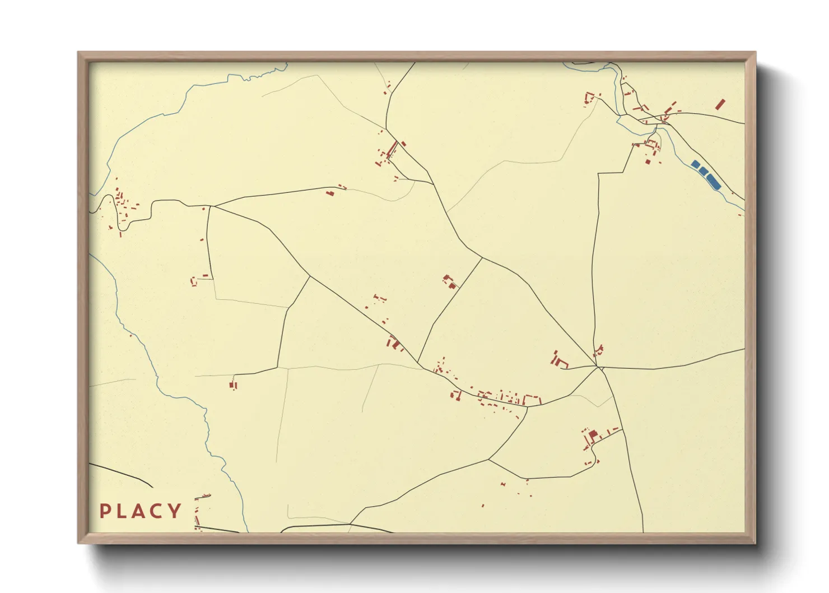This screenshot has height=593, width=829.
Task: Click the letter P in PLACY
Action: [104, 511]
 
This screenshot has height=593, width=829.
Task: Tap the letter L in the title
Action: [122, 511]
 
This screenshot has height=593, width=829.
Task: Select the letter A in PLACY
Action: [139, 511]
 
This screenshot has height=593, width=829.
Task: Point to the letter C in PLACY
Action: [157, 511]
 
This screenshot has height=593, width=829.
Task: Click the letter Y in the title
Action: [175, 511]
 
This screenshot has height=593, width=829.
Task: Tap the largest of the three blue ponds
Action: [713, 180]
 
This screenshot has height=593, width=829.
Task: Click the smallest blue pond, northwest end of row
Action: [695, 164]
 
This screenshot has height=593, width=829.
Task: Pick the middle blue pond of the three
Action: [703, 171]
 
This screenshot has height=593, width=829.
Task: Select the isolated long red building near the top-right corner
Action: [720, 104]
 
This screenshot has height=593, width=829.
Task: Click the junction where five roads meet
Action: [598, 367]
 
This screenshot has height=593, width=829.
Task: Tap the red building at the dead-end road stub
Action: [233, 384]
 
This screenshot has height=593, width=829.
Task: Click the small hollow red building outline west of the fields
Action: [194, 280]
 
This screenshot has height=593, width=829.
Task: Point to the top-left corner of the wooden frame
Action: [78, 53]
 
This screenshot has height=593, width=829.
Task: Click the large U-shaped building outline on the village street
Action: [532, 400]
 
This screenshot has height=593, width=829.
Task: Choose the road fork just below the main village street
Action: [527, 407]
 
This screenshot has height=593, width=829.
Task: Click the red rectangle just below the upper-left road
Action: [330, 193]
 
